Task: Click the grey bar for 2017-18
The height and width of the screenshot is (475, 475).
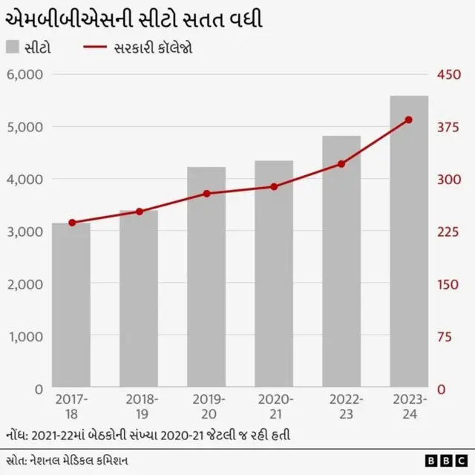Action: [71, 305]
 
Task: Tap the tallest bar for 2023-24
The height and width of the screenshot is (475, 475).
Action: [409, 242]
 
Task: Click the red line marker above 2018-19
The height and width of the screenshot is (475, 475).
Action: [140, 212]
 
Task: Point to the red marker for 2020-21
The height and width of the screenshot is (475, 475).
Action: [274, 186]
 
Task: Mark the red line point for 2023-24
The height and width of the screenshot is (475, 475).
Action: [409, 119]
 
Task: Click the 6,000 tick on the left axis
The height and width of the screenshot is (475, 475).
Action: [25, 74]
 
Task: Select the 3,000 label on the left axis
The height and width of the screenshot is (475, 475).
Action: [25, 232]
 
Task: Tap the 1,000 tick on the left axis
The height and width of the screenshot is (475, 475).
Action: [25, 336]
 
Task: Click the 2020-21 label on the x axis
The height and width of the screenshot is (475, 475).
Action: [274, 406]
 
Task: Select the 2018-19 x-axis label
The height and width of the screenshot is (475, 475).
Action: [139, 406]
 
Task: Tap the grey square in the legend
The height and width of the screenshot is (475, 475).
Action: [12, 47]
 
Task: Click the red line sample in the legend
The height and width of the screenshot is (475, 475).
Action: [94, 47]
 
